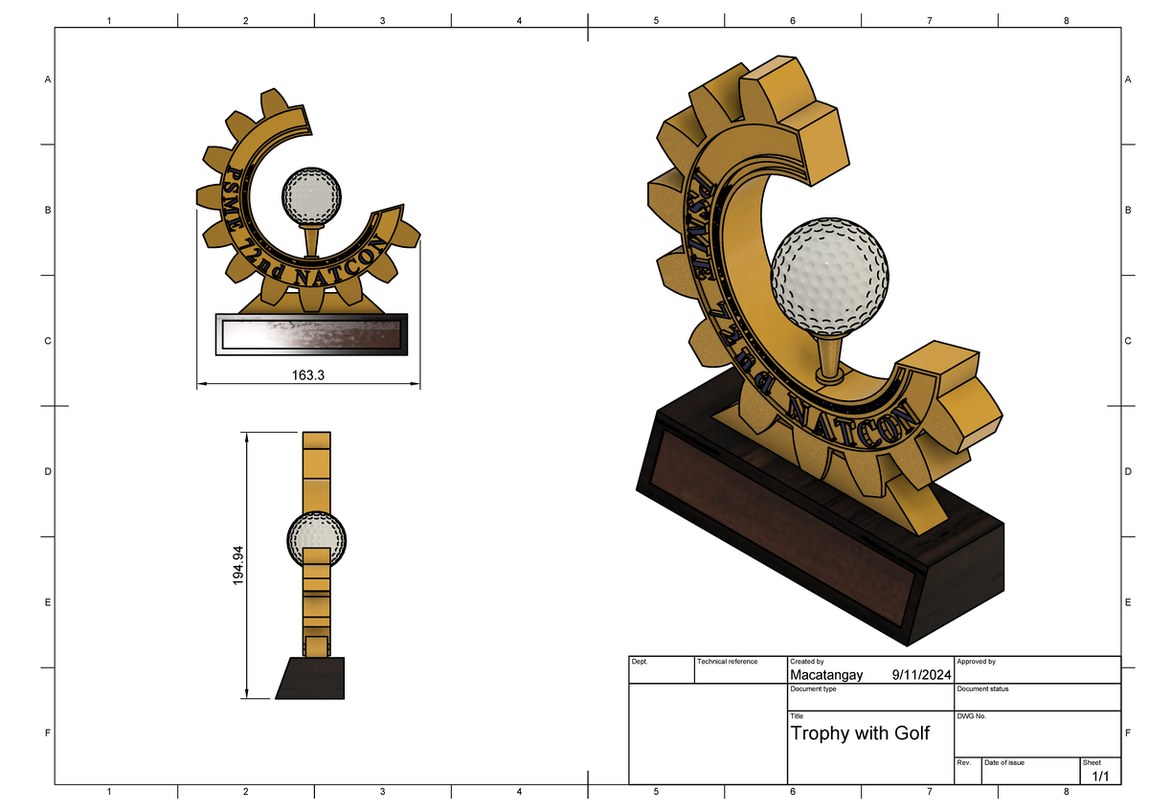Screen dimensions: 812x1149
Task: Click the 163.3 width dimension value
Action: pyautogui.click(x=307, y=375)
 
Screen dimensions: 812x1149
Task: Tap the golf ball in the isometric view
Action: pyautogui.click(x=829, y=273)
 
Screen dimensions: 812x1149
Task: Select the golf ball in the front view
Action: pyautogui.click(x=311, y=195)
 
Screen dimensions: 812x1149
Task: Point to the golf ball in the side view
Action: pyautogui.click(x=317, y=539)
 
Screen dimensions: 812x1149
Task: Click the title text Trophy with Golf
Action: pyautogui.click(x=859, y=734)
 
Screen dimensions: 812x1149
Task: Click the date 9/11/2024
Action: pyautogui.click(x=918, y=675)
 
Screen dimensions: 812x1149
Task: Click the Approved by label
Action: pyautogui.click(x=976, y=662)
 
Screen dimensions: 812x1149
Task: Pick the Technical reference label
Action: pyautogui.click(x=727, y=662)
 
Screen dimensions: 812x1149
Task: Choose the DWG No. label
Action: pyautogui.click(x=971, y=716)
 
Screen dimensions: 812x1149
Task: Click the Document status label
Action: pyautogui.click(x=981, y=688)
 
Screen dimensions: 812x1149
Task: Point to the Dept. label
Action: pyautogui.click(x=640, y=662)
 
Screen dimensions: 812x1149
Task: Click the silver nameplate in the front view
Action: pyautogui.click(x=311, y=335)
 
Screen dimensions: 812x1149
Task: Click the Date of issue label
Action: pyautogui.click(x=1004, y=762)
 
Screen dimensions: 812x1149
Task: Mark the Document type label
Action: pyautogui.click(x=813, y=688)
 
